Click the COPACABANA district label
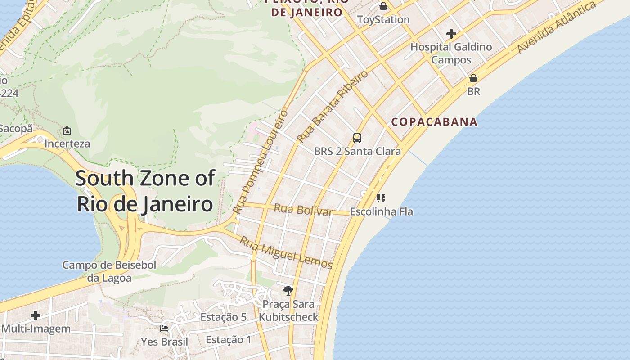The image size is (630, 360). [434, 122]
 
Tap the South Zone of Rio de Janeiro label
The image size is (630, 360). [145, 191]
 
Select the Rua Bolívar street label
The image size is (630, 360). [303, 210]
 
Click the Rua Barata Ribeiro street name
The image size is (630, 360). [333, 106]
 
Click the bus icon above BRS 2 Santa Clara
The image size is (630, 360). [357, 138]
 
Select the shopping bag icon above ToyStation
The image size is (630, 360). [383, 6]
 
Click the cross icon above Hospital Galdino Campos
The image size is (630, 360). [451, 34]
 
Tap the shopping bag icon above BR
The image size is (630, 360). [473, 78]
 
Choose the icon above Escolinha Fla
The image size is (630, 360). [381, 198]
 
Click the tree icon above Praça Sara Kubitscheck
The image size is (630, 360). [288, 291]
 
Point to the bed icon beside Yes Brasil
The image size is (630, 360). [164, 328]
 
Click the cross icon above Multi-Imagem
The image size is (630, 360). [36, 315]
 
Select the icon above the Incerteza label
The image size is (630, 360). [67, 130]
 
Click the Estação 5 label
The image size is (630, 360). [223, 317]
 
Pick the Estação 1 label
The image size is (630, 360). [229, 340]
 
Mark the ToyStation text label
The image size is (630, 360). [383, 20]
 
